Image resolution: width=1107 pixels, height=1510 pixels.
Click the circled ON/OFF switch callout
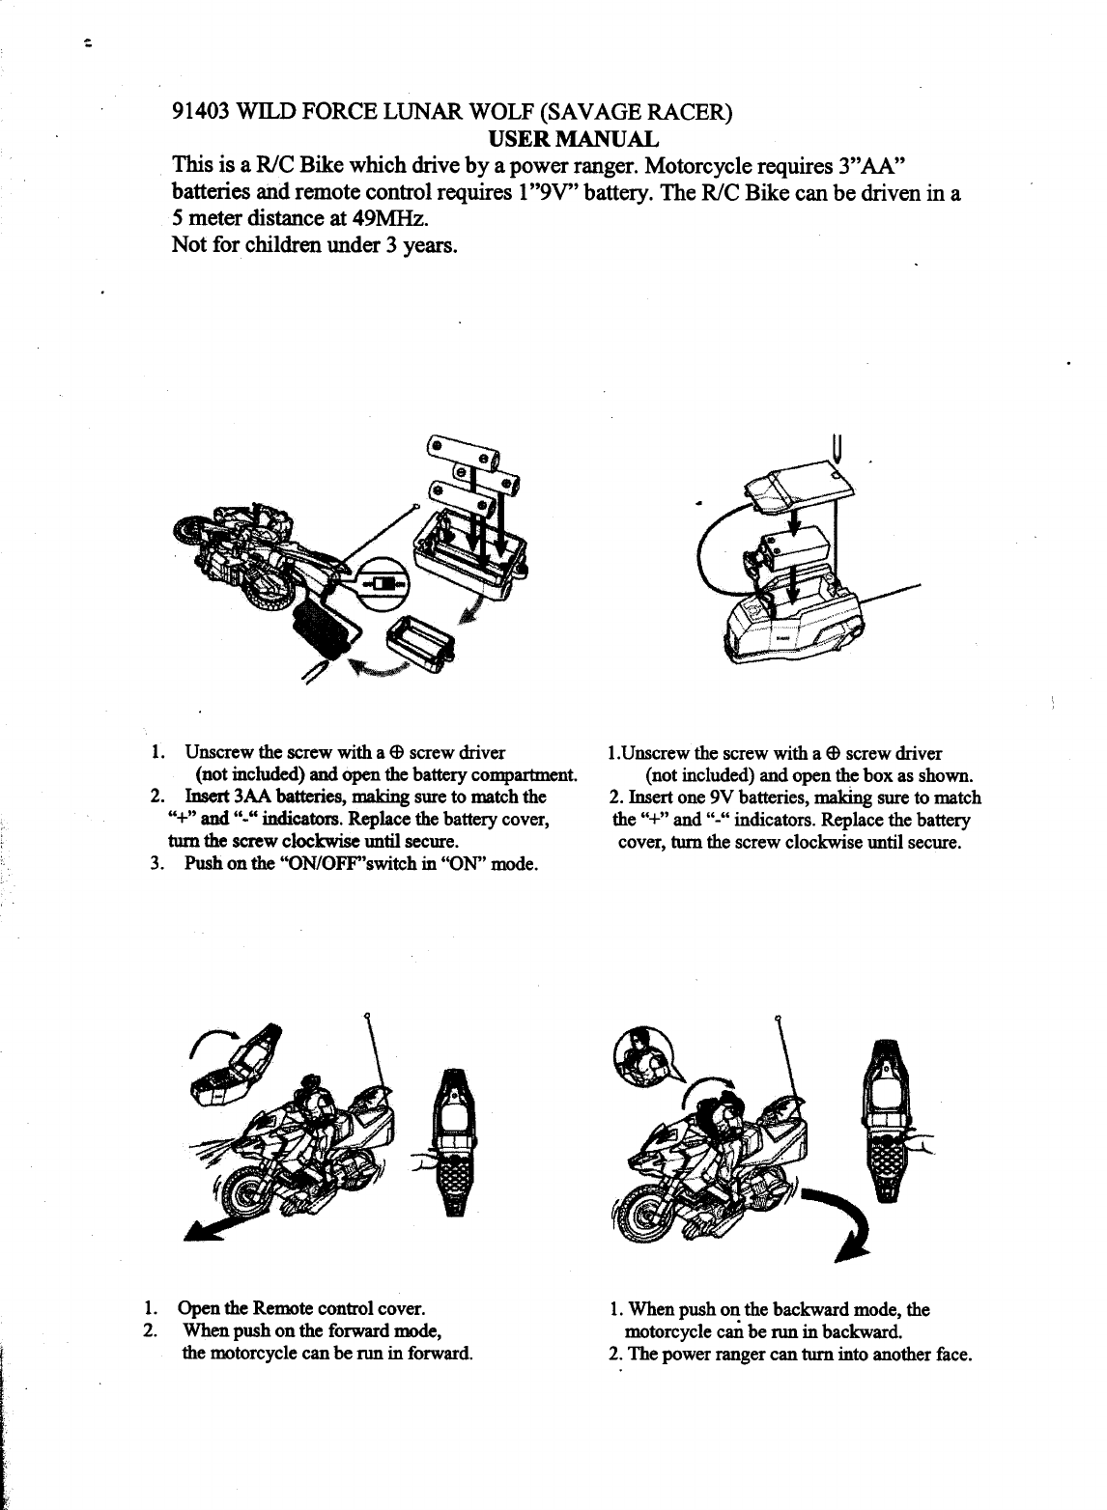[x=386, y=585]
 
